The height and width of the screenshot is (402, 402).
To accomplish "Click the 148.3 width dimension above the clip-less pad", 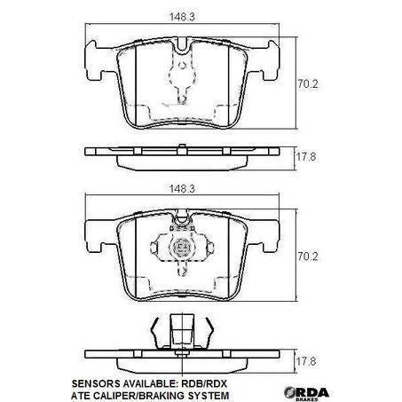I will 184,14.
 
